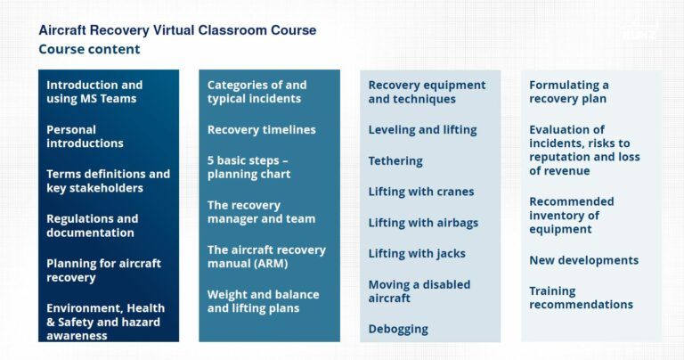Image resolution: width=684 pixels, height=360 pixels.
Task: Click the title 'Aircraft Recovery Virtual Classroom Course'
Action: tap(177, 30)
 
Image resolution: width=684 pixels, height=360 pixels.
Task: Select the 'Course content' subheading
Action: tap(89, 50)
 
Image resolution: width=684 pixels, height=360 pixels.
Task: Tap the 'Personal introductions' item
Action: tap(85, 136)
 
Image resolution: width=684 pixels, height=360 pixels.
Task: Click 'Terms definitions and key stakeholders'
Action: tap(108, 181)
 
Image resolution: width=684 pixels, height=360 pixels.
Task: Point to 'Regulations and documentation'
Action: tap(92, 225)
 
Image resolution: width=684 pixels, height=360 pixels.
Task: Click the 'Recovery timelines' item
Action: tap(261, 130)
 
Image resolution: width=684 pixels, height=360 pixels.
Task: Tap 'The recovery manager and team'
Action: tap(261, 212)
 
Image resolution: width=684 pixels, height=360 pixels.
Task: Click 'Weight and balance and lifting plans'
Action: tap(263, 301)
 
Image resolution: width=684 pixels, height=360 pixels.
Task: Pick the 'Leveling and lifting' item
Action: tap(422, 130)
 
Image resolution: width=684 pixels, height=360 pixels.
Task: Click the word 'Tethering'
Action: tap(395, 161)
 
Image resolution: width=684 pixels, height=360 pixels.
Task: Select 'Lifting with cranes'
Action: tap(421, 192)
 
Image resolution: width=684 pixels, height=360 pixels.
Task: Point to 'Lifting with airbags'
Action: tap(423, 223)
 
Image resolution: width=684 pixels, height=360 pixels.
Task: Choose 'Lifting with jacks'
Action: tap(417, 254)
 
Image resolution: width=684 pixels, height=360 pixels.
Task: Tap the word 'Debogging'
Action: tap(398, 329)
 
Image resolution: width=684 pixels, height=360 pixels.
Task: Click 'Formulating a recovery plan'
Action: tap(569, 92)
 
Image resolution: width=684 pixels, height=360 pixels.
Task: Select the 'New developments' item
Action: tap(583, 260)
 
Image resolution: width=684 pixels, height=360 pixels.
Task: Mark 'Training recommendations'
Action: tap(581, 298)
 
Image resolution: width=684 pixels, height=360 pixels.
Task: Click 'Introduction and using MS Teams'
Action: tap(94, 92)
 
